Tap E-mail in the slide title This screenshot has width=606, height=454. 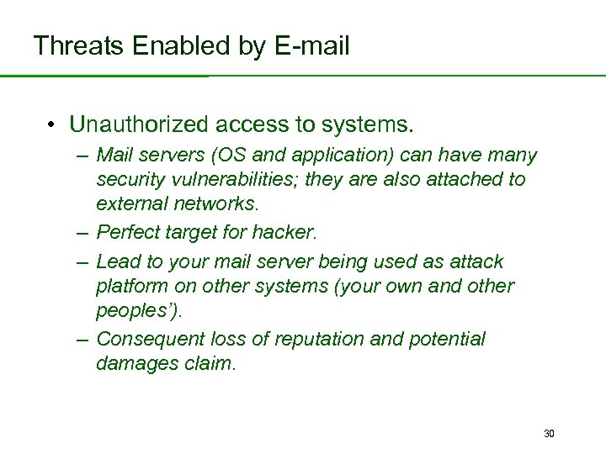point(311,46)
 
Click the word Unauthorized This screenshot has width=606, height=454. point(138,125)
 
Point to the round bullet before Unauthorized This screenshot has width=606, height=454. point(52,126)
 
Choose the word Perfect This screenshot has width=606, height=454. point(129,232)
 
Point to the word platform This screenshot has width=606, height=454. point(131,285)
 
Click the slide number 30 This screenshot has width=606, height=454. point(549,434)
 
